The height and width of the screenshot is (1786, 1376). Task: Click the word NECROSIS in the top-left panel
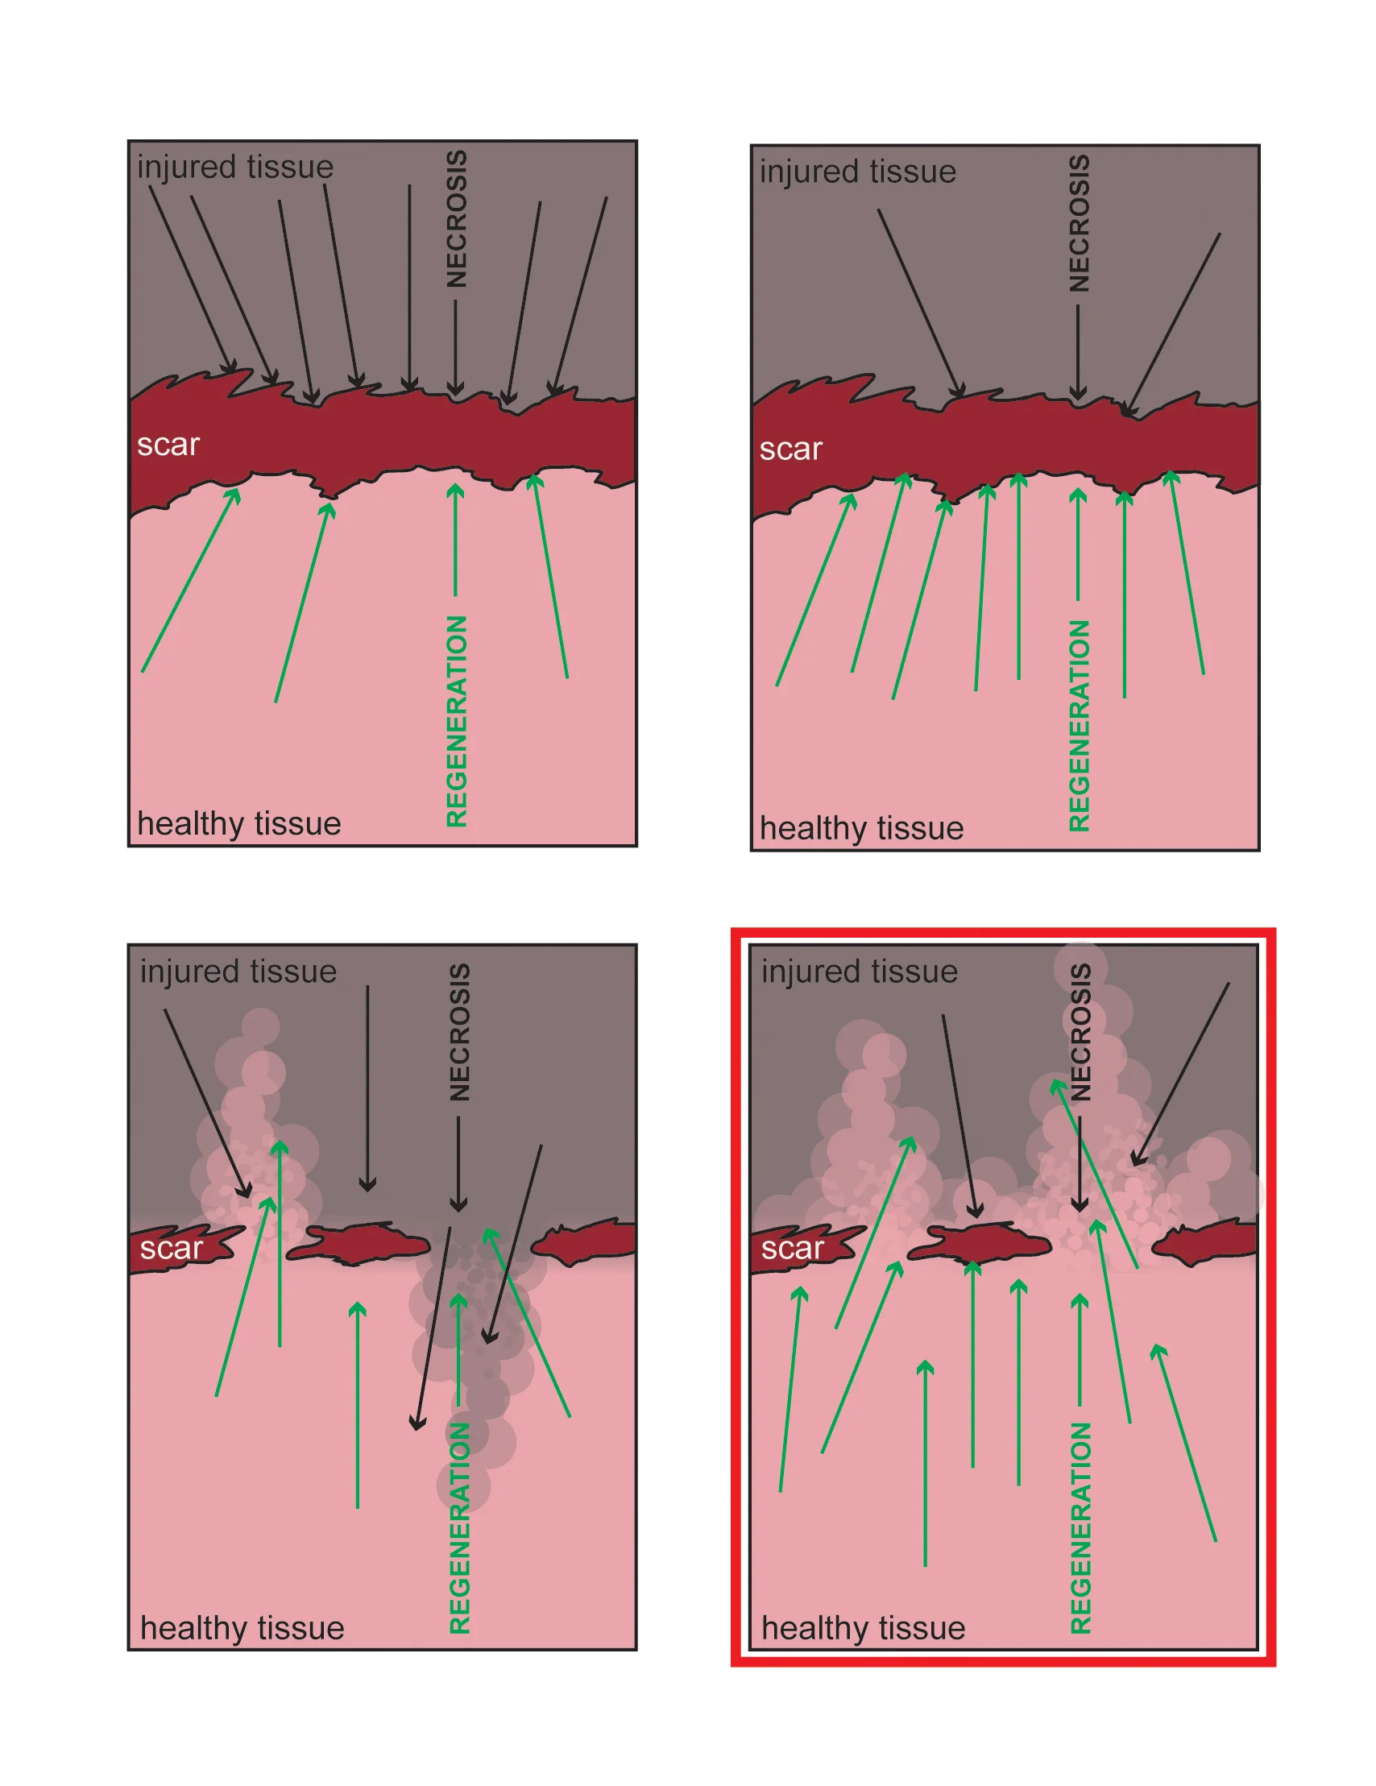click(x=456, y=218)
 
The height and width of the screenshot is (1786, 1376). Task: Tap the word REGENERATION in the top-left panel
click(x=456, y=720)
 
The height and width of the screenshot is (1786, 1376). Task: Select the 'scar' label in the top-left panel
click(x=168, y=445)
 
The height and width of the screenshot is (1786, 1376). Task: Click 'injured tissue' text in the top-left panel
click(x=235, y=167)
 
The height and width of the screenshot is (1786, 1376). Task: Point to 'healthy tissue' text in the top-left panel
click(x=238, y=823)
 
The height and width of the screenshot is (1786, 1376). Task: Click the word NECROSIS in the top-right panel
click(x=1080, y=222)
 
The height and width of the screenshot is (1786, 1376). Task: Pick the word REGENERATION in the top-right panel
click(x=1080, y=725)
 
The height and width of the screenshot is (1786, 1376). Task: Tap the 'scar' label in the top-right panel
click(x=790, y=449)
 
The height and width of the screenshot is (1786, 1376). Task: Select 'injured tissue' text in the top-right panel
click(x=858, y=172)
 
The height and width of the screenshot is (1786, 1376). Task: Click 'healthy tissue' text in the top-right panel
click(x=862, y=828)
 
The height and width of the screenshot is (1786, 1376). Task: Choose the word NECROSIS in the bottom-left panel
click(x=459, y=1032)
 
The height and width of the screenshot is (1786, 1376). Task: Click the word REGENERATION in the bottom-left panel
click(x=459, y=1527)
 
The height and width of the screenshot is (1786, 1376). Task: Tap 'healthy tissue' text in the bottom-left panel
click(x=242, y=1628)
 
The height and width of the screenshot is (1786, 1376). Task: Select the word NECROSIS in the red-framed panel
click(x=1081, y=1032)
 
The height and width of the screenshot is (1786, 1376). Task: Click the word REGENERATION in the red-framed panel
click(x=1081, y=1527)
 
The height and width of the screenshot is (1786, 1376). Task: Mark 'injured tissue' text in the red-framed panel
click(x=860, y=972)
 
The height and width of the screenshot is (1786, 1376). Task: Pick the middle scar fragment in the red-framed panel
click(x=981, y=1244)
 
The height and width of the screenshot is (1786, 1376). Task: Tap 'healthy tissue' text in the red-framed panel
click(x=864, y=1628)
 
